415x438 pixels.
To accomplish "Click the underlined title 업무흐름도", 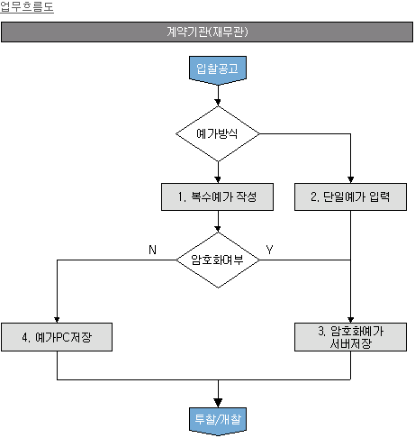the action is click(27, 6).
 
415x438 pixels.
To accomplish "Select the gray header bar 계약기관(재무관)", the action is click(207, 32).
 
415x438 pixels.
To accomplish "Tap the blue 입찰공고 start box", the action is click(218, 70).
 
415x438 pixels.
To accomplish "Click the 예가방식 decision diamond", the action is click(218, 133).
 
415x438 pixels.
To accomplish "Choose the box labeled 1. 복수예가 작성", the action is click(217, 196).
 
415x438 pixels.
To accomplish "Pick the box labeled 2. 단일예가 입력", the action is click(350, 196).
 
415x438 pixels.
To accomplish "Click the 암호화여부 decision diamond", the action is click(218, 260).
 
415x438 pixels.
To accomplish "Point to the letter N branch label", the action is click(152, 250).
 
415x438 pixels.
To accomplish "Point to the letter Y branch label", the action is click(269, 250).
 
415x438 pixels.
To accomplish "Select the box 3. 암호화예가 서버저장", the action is click(350, 337).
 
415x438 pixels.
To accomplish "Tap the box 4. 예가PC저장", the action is click(57, 337).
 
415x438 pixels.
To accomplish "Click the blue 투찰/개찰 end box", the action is click(218, 421).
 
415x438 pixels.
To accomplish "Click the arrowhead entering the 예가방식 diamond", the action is click(218, 103).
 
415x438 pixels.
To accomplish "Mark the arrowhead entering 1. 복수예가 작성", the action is click(218, 179).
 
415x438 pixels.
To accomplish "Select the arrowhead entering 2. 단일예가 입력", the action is click(350, 179).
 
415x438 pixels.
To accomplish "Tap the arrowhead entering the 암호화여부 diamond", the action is click(218, 229).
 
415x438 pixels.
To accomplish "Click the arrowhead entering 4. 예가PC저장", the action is click(57, 319).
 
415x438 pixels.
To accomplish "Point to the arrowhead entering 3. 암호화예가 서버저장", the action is click(350, 319).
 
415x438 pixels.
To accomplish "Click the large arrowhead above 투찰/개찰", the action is click(218, 403).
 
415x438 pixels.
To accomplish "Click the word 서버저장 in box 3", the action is click(350, 343).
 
